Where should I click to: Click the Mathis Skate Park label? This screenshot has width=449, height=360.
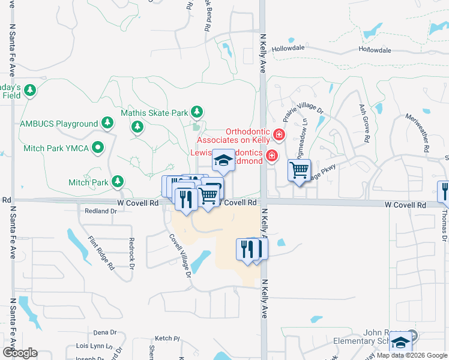tap(154, 112)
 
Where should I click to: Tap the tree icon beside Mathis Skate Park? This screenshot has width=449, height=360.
tap(196, 112)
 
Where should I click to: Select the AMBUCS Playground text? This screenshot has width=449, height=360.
tap(59, 124)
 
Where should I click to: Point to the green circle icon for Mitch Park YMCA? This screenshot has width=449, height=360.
tap(97, 147)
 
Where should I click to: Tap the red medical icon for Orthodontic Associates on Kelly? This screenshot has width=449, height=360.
tap(278, 134)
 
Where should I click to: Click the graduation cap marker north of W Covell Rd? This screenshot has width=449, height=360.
tap(224, 160)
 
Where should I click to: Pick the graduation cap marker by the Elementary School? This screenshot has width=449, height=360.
tap(400, 343)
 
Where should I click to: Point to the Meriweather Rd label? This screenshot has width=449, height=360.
tap(419, 133)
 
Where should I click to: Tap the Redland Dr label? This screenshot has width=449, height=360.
tap(100, 211)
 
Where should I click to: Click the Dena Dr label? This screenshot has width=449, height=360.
tap(104, 332)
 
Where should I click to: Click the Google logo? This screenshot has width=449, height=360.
tap(20, 352)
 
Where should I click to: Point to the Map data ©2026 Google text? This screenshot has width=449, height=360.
tap(412, 355)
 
